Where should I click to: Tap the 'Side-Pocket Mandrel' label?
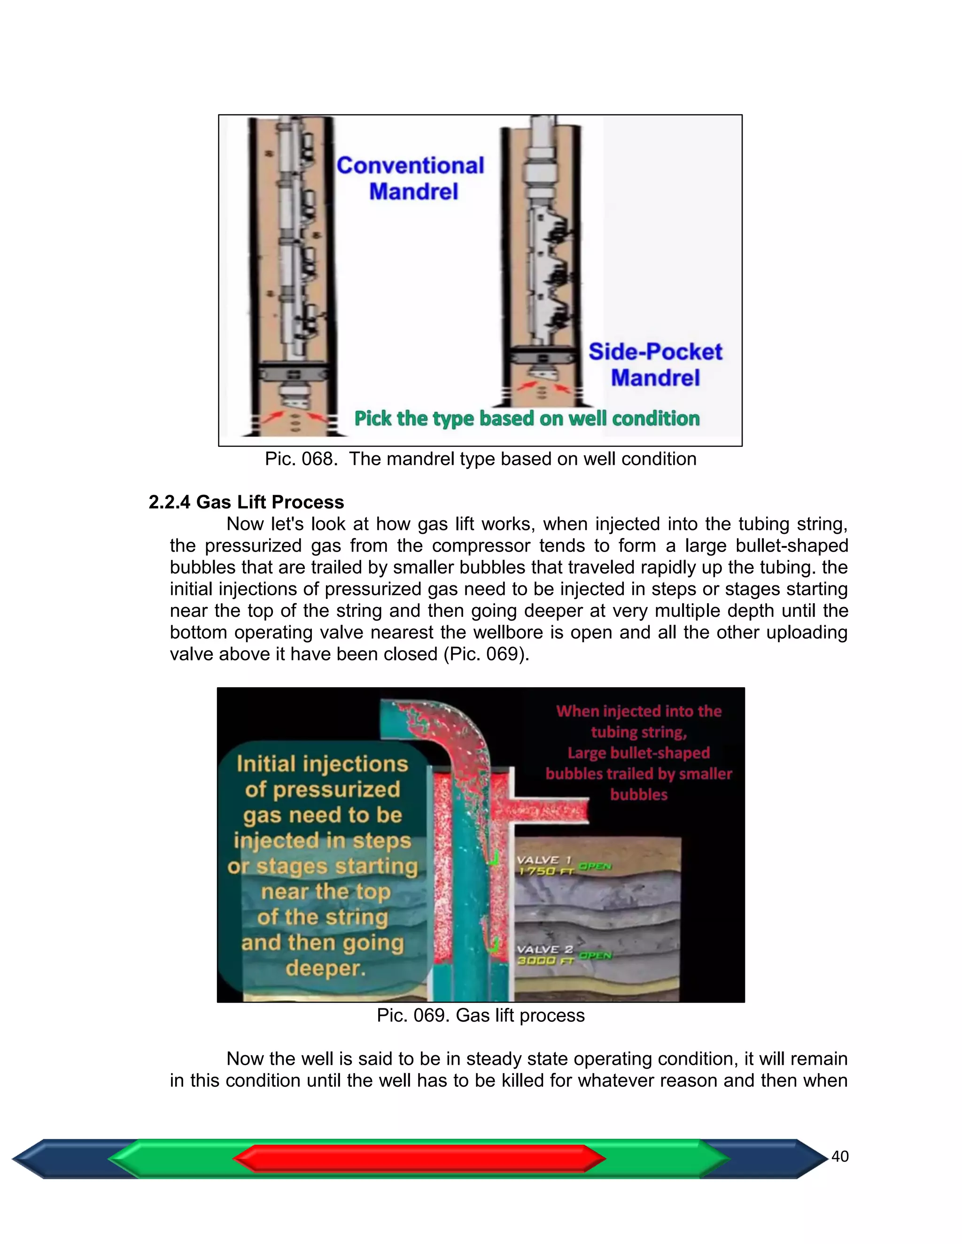pos(655,365)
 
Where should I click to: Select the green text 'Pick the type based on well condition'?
pos(527,419)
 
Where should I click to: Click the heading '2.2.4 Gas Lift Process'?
pos(246,502)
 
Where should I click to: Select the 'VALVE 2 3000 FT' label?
pos(544,955)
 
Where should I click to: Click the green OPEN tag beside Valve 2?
pos(595,955)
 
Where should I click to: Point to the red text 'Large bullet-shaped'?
pos(638,753)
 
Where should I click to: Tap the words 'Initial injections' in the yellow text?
pos(323,764)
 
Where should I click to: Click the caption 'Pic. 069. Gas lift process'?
pos(481,1015)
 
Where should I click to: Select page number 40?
pos(840,1156)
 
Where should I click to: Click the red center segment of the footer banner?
pos(419,1159)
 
